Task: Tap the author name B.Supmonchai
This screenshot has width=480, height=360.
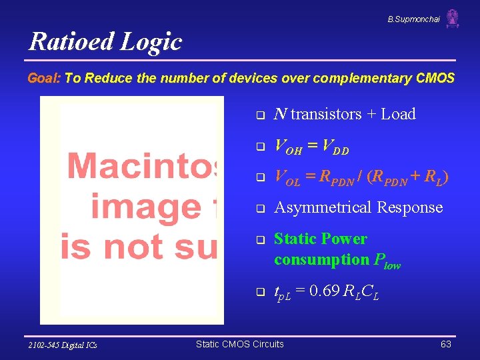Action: click(x=413, y=19)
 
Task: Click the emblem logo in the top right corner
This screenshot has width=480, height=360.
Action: click(x=453, y=19)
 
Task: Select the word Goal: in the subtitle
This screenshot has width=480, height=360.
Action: click(x=44, y=78)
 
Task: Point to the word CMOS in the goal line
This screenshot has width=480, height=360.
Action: click(x=435, y=78)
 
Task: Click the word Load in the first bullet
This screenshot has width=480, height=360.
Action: click(x=398, y=114)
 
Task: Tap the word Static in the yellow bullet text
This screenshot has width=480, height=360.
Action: click(x=295, y=239)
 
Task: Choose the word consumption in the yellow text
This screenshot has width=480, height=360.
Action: click(x=313, y=259)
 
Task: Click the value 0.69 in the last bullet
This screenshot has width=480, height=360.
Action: click(x=333, y=291)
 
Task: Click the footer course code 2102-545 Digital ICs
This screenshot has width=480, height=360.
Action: click(x=63, y=345)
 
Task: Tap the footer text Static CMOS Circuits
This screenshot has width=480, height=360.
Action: click(x=239, y=344)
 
